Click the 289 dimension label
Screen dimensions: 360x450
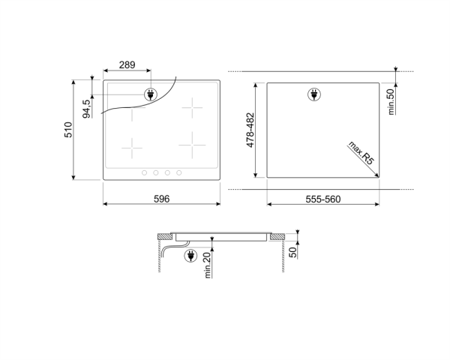tap(127, 66)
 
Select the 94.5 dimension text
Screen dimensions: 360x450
tap(87, 109)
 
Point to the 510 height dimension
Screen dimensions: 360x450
tap(67, 130)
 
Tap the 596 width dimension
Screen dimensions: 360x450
tap(161, 199)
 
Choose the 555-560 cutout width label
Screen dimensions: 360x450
tap(323, 199)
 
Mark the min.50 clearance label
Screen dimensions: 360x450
tap(391, 101)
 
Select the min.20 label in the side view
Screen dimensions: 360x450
tap(207, 265)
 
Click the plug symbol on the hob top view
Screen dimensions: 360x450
tap(150, 95)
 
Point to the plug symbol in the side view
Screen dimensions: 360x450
tap(190, 256)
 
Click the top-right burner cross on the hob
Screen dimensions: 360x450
tap(193, 108)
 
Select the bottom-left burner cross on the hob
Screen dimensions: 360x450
tap(132, 148)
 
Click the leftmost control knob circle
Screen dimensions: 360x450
tap(145, 173)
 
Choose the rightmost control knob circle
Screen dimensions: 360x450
tap(179, 173)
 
